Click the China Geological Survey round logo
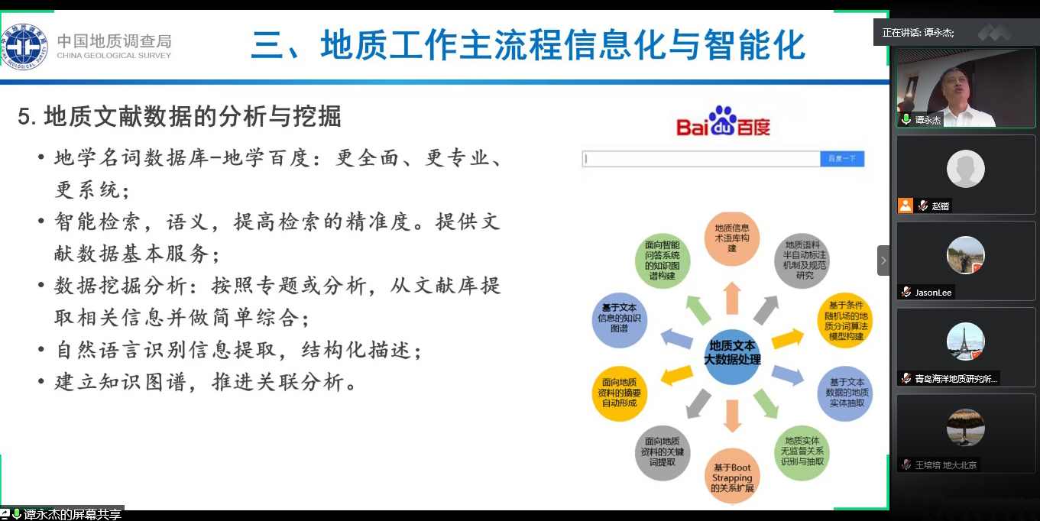[x=24, y=47]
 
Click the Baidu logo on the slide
[x=723, y=123]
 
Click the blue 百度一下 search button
[x=842, y=159]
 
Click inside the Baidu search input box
[x=701, y=159]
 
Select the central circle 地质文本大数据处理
[x=732, y=352]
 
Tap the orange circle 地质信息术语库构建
[x=731, y=238]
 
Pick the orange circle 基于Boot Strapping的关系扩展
[x=732, y=477]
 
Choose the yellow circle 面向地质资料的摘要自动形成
[x=620, y=391]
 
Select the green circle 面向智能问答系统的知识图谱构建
[x=662, y=260]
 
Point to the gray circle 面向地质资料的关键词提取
[x=662, y=451]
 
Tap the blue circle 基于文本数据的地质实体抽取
[x=845, y=392]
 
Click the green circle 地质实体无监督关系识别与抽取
[x=802, y=451]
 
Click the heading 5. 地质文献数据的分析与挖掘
[x=180, y=117]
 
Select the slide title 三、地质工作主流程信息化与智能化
[x=528, y=45]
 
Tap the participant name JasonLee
[x=933, y=293]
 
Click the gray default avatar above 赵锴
[x=965, y=169]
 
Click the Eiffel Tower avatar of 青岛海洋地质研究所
[x=965, y=341]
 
